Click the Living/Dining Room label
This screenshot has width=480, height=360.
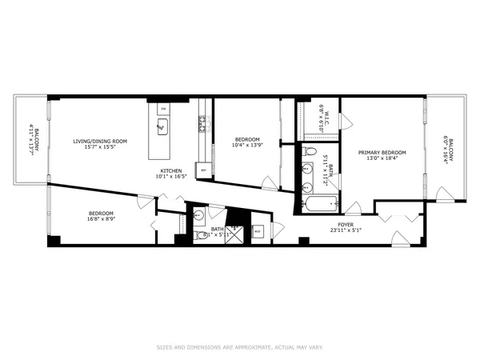point(101,142)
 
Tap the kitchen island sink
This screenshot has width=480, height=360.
point(162,126)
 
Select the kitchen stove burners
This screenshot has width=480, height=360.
point(203,122)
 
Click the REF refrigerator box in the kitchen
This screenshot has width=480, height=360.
point(204,170)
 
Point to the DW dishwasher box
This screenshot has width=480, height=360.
point(163,107)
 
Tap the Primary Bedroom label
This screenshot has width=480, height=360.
point(382,152)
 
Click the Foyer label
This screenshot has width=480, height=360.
point(346,225)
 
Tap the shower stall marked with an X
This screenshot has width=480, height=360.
point(234,234)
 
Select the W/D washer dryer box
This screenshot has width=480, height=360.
point(258,232)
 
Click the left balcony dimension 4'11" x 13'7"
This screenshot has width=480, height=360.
point(32,140)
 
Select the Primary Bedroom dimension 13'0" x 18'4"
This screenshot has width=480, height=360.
point(382,158)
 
